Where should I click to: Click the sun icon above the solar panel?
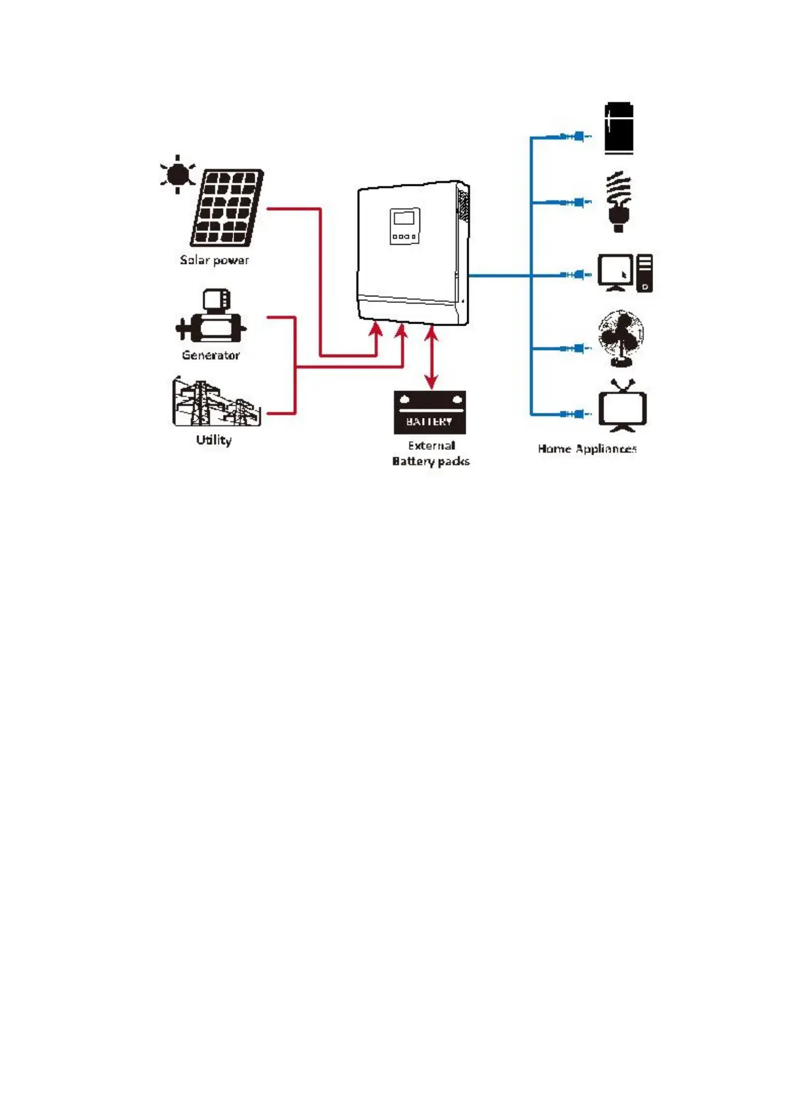point(177,174)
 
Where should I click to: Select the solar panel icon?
point(227,207)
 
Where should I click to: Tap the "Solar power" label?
point(214,260)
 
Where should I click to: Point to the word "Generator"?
point(210,355)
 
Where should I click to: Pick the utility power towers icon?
point(216,402)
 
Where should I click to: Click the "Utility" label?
point(214,440)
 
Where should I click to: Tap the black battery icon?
point(429,412)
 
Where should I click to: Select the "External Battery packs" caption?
point(431,453)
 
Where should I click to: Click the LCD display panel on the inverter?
point(404,218)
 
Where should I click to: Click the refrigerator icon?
point(619,128)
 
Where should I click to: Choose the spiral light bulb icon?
point(619,201)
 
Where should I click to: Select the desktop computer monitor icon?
point(615,272)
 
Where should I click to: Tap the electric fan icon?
point(621,338)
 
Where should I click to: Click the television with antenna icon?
point(622,407)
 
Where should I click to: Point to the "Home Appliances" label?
point(587,449)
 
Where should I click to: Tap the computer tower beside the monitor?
point(644,273)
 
